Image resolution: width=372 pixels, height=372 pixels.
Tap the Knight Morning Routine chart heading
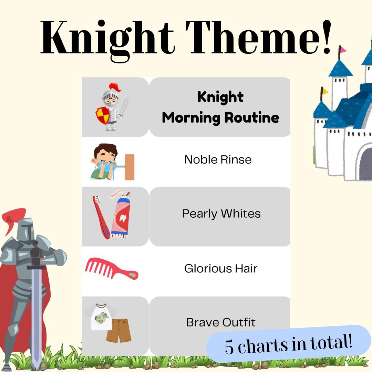coord(220,107)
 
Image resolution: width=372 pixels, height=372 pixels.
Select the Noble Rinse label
coord(218,159)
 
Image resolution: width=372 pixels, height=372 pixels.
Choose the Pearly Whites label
coord(221,214)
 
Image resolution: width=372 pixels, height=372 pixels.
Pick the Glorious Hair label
coord(220,268)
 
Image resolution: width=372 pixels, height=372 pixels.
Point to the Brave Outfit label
coord(221,322)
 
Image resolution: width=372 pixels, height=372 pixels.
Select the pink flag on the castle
coord(342,50)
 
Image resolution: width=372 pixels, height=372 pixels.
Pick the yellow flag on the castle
coord(325,91)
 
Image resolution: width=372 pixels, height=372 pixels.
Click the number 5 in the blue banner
coord(229,347)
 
